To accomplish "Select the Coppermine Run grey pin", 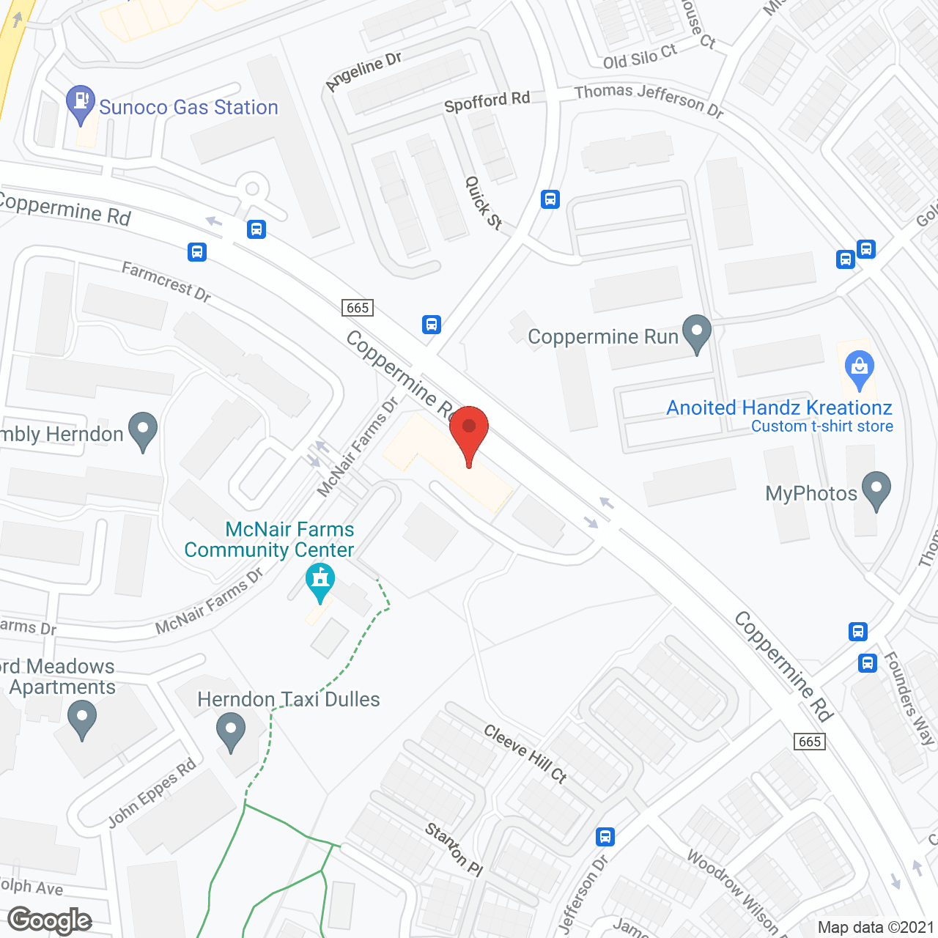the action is click(x=696, y=333).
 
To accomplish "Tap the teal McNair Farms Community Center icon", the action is click(x=320, y=581).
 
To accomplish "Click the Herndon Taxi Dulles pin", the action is click(x=231, y=732).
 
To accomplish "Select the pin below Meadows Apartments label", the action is click(x=81, y=719).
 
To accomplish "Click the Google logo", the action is click(x=50, y=920).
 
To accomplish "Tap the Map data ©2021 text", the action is click(x=876, y=927).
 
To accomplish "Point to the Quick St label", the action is click(x=484, y=203).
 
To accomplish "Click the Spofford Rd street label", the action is click(x=487, y=102).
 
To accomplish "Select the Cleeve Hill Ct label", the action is click(x=525, y=753).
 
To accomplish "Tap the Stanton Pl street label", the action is click(x=454, y=849).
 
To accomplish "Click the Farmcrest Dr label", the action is click(x=166, y=282).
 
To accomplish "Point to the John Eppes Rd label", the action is click(x=152, y=793).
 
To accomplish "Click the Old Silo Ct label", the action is click(x=640, y=56).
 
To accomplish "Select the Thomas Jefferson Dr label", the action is click(x=649, y=100).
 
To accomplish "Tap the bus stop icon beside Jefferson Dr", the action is click(x=605, y=836).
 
